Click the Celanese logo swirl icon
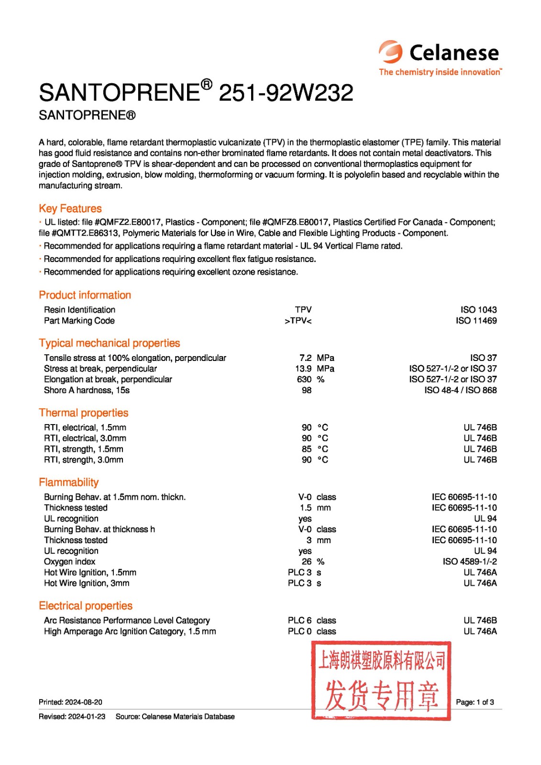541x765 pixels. coord(391,52)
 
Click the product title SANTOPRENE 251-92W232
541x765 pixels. coord(196,92)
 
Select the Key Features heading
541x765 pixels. coord(70,208)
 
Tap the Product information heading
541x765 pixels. coord(85,295)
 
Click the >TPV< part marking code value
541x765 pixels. coord(298,321)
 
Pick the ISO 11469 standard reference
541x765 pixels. coord(476,321)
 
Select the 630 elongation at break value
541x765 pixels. coord(304,379)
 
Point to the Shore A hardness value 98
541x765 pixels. coord(307,390)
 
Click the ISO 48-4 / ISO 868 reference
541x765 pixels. coord(460,390)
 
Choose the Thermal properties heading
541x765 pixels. coord(84,413)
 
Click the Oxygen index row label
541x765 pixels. coord(69,562)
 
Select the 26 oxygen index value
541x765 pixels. coord(307,562)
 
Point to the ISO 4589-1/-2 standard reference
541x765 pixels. coord(469,562)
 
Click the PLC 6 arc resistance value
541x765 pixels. coord(299,621)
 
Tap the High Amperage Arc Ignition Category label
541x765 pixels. coord(130,632)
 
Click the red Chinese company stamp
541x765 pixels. coord(381,681)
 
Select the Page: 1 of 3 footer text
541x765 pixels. coord(475,702)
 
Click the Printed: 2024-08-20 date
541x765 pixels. coord(70,702)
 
